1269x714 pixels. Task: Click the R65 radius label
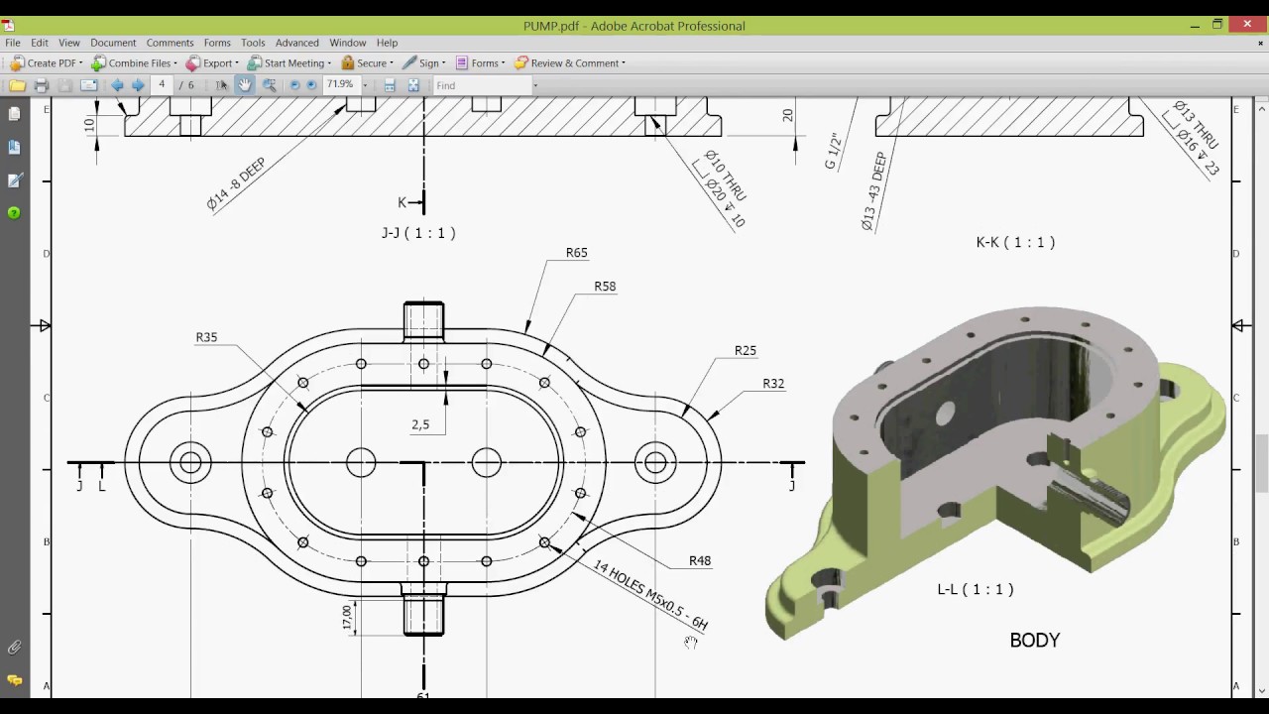click(x=576, y=253)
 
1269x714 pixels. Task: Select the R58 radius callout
click(x=605, y=287)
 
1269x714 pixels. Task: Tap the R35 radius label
click(x=206, y=337)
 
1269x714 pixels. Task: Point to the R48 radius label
click(x=700, y=560)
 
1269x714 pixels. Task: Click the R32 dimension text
click(x=773, y=384)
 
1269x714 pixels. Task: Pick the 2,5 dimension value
click(x=420, y=424)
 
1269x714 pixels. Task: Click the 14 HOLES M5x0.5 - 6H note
click(x=650, y=595)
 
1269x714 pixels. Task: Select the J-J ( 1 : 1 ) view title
click(x=418, y=233)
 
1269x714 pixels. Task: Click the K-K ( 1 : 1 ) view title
click(x=1015, y=242)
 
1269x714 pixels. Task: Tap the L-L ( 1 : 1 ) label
click(x=976, y=589)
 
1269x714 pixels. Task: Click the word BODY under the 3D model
click(x=1034, y=641)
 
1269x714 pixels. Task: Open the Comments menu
click(x=170, y=43)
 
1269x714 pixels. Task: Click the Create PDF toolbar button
click(x=46, y=63)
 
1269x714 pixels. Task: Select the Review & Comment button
click(x=569, y=63)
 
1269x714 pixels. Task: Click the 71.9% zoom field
click(x=340, y=85)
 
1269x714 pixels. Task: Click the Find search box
click(x=482, y=86)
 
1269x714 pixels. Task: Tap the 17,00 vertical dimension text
click(x=347, y=617)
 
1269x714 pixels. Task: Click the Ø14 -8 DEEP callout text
click(x=236, y=184)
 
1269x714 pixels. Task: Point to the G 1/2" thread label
click(x=833, y=151)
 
